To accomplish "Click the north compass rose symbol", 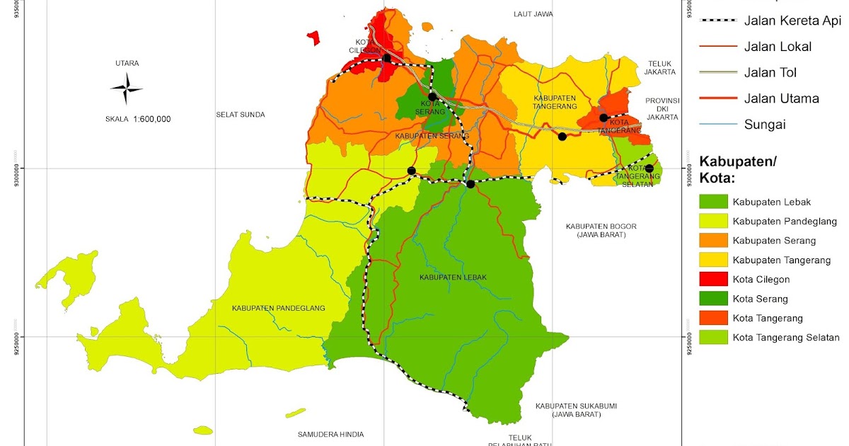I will (127, 89).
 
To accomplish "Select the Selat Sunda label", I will (241, 114).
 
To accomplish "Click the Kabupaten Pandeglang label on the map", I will (278, 308).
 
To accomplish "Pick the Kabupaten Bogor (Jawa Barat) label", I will (601, 230).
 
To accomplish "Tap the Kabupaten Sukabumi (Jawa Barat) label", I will (576, 410).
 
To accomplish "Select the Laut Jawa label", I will (533, 13).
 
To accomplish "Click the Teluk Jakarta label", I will (659, 67).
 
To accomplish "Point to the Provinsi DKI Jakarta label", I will (662, 108).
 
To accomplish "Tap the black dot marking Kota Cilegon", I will (386, 58).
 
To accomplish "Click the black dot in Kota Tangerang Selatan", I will (649, 168).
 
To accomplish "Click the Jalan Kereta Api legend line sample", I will (717, 21).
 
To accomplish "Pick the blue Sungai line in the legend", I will (717, 125).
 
